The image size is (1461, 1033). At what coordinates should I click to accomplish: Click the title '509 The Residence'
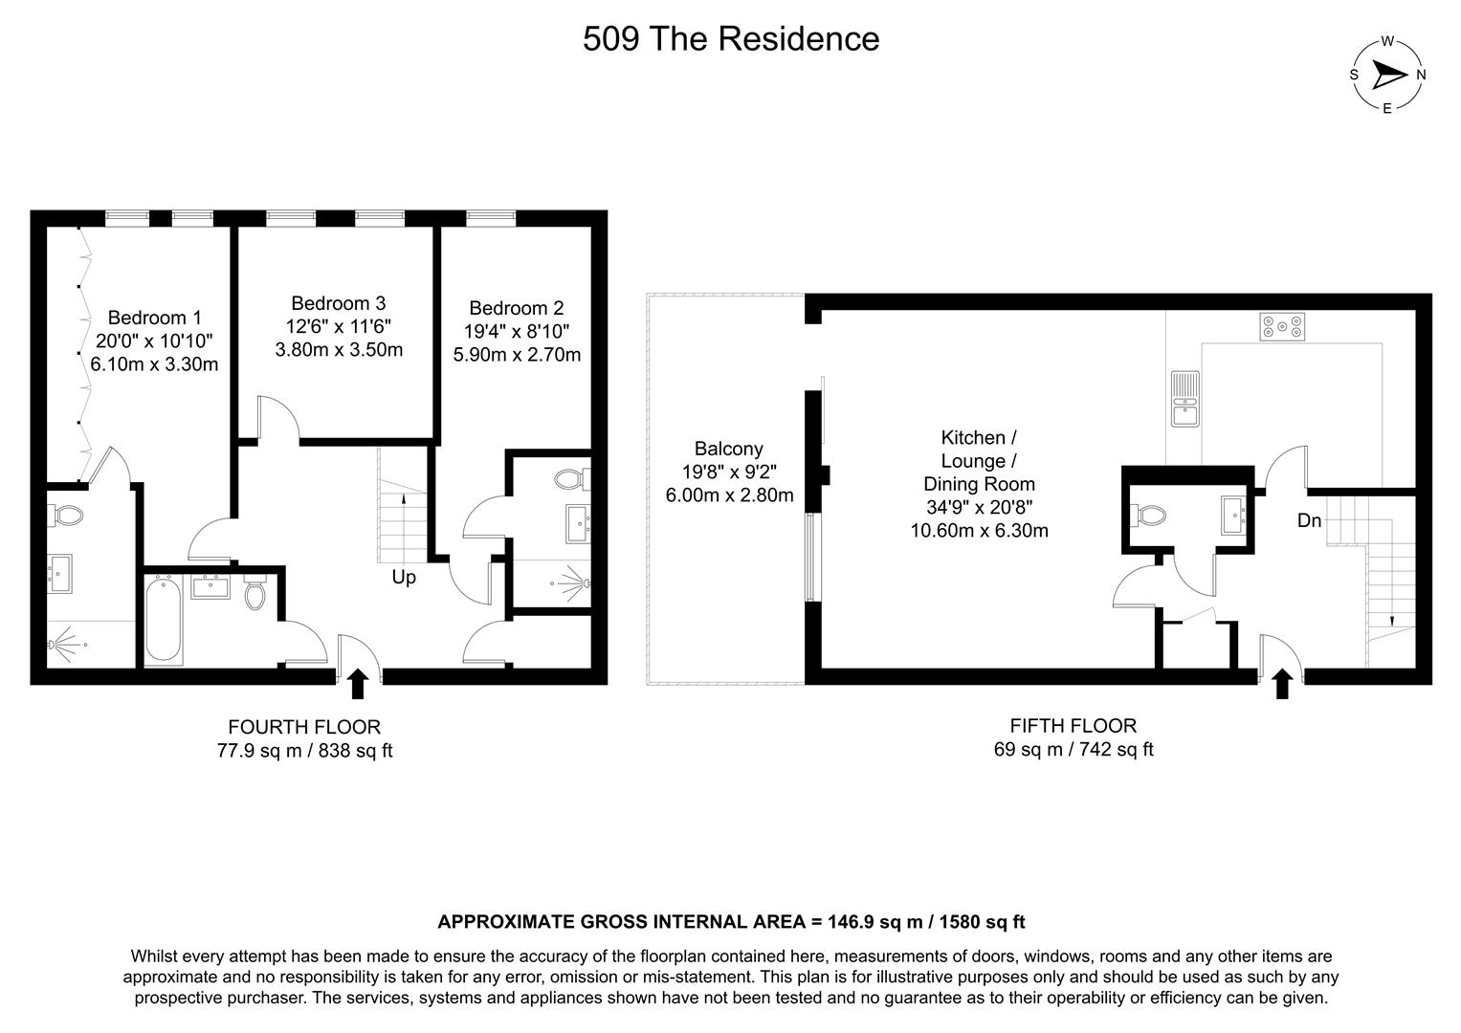[x=731, y=39]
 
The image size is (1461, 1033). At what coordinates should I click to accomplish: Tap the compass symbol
[x=1387, y=75]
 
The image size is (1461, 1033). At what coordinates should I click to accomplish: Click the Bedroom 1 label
[x=154, y=318]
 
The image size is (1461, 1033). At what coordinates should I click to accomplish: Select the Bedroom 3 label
[x=339, y=303]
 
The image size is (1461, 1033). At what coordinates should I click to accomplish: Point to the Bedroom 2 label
[x=517, y=308]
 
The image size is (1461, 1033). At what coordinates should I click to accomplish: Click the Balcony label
[x=729, y=449]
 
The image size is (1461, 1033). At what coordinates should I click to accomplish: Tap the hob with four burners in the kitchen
[x=1282, y=327]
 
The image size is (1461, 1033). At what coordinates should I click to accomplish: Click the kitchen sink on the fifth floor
[x=1184, y=398]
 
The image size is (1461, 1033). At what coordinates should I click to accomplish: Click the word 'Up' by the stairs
[x=404, y=578]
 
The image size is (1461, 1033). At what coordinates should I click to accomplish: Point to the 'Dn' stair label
[x=1309, y=521]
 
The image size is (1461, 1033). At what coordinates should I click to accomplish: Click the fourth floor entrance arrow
[x=358, y=684]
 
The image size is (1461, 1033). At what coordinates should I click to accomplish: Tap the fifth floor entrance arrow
[x=1283, y=684]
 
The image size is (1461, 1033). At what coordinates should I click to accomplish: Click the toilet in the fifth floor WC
[x=1149, y=515]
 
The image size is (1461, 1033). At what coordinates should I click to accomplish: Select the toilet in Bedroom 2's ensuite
[x=570, y=478]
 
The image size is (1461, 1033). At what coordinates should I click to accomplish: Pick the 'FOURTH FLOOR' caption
[x=304, y=727]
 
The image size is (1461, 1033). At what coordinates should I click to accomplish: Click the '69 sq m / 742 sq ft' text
[x=1073, y=749]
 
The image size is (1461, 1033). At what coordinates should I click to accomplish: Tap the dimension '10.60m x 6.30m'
[x=979, y=530]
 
